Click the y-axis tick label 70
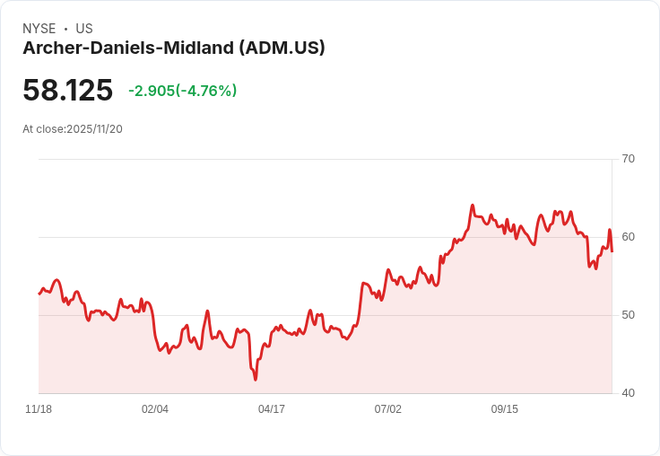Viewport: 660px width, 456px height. pyautogui.click(x=628, y=159)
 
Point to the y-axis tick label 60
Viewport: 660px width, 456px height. pyautogui.click(x=628, y=237)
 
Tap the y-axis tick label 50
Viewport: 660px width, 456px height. pyautogui.click(x=628, y=315)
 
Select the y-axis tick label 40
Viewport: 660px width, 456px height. pyautogui.click(x=628, y=393)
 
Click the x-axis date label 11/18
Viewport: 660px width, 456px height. pyautogui.click(x=39, y=409)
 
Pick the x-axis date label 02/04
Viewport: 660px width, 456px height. pyautogui.click(x=155, y=409)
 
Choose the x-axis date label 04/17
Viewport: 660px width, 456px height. pyautogui.click(x=272, y=409)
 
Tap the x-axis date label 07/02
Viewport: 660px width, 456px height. pyautogui.click(x=388, y=409)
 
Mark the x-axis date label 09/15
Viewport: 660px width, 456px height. pyautogui.click(x=505, y=409)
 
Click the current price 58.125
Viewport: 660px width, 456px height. pyautogui.click(x=68, y=91)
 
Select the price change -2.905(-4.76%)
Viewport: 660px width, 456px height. pyautogui.click(x=182, y=91)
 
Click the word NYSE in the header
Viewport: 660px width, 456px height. pyautogui.click(x=39, y=29)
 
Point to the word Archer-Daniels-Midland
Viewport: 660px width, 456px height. pyautogui.click(x=127, y=48)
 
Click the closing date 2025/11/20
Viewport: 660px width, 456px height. pyautogui.click(x=94, y=129)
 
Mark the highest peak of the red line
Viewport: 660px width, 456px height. pyautogui.click(x=473, y=206)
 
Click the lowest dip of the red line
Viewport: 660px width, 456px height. pyautogui.click(x=256, y=379)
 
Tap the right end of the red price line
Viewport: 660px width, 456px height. pyautogui.click(x=612, y=250)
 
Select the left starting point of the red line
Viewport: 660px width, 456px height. pyautogui.click(x=39, y=294)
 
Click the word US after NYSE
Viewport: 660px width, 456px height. pyautogui.click(x=84, y=29)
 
